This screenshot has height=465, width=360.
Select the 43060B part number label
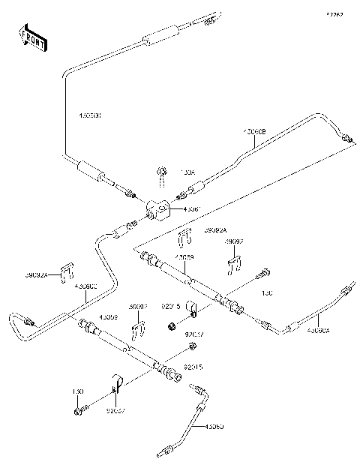(252, 131)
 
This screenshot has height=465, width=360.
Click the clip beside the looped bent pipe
(67, 270)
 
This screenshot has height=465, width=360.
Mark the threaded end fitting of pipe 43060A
(346, 288)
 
